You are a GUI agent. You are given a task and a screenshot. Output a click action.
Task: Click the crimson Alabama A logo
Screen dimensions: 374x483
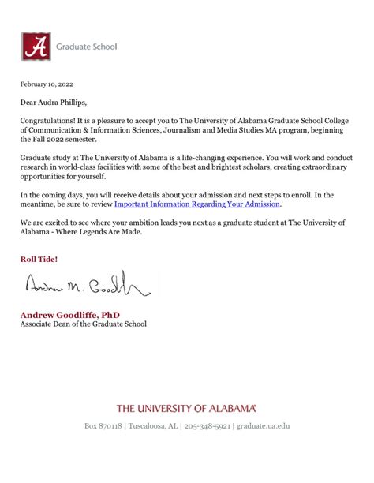(36, 46)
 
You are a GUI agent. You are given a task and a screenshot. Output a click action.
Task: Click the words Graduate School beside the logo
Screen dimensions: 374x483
(87, 47)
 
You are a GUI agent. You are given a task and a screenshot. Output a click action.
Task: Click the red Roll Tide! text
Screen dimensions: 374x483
(39, 259)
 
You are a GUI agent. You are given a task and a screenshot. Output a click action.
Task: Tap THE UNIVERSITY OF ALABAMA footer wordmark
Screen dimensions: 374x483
(186, 408)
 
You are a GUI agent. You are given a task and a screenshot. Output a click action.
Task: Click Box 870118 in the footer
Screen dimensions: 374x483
(103, 426)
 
